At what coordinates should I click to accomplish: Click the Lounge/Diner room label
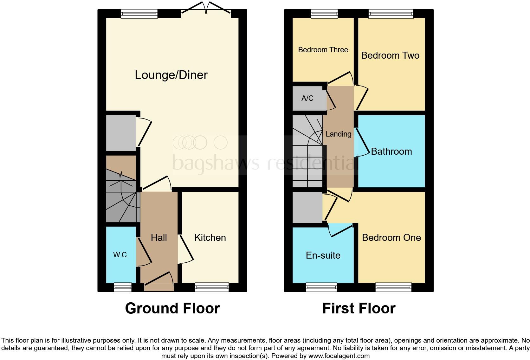point(171,75)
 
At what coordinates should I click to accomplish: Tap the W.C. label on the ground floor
point(121,255)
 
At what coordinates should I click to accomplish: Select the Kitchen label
point(210,238)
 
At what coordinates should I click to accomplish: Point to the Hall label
point(158,238)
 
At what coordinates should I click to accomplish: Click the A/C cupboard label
point(307,98)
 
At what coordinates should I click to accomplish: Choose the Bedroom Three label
point(323,50)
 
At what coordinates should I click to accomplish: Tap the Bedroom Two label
point(390,55)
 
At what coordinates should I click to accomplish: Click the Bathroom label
point(391,151)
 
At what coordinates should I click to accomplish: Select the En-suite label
point(323,255)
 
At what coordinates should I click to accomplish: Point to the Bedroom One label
point(391,238)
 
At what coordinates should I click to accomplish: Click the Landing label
point(338,134)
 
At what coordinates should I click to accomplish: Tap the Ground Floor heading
point(172,308)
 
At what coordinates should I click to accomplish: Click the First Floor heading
point(359,308)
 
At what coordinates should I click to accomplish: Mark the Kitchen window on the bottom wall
point(212,287)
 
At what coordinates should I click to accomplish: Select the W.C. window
point(122,287)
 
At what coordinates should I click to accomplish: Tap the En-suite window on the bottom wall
point(321,287)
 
